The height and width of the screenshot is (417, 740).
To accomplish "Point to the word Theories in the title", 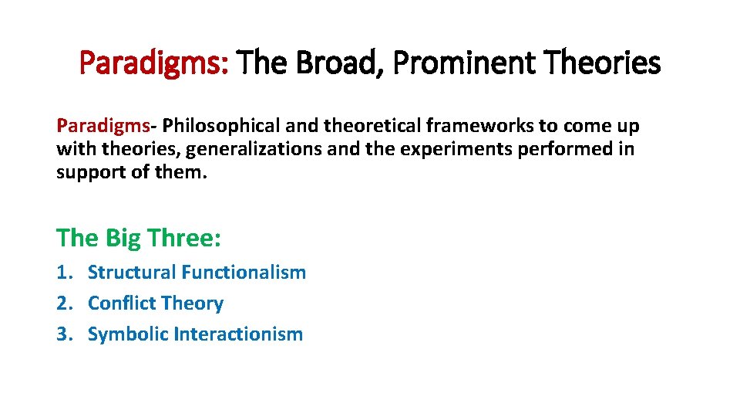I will point(606,63).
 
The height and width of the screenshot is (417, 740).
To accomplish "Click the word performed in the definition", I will point(567,148).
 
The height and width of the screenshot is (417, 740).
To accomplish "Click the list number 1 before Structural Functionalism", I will point(63,273).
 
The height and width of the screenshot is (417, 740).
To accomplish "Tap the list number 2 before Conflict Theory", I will point(63,303).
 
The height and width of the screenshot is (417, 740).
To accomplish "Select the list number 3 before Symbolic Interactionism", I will point(63,334).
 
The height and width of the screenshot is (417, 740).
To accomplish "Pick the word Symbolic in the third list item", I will point(128,334).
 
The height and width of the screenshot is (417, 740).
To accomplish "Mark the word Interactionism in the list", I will point(238,334).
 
